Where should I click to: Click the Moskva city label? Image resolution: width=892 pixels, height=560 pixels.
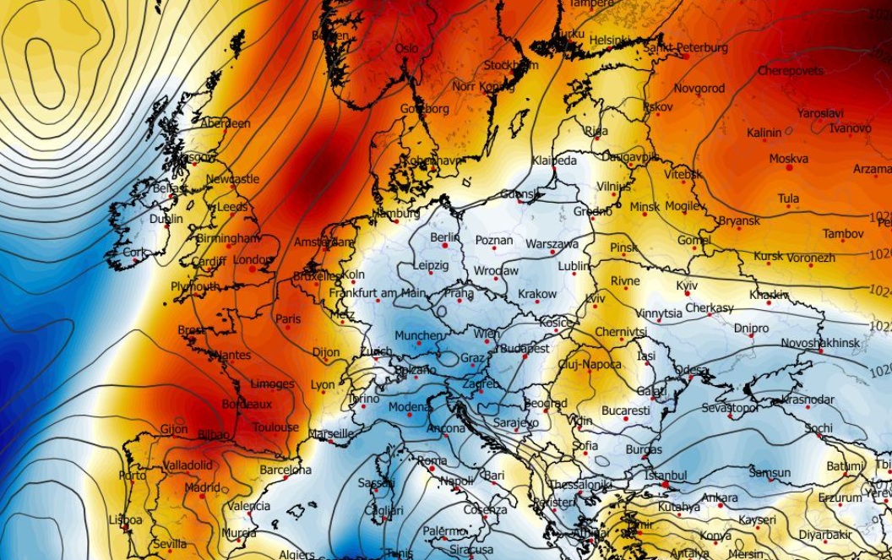(788, 159)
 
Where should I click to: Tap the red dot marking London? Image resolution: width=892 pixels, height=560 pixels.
(252, 269)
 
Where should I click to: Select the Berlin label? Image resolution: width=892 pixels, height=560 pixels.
(445, 237)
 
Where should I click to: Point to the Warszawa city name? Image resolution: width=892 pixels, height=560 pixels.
(552, 244)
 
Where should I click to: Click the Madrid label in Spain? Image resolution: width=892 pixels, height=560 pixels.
(202, 487)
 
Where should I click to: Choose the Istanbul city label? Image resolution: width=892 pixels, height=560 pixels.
(666, 476)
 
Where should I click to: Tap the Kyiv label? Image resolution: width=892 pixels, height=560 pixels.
(687, 286)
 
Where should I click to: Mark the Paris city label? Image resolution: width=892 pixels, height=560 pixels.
(288, 319)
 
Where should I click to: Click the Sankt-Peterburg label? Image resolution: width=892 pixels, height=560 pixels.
(685, 48)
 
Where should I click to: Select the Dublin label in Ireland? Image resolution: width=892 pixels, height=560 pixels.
(166, 219)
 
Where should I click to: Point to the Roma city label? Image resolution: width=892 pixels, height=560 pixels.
(432, 460)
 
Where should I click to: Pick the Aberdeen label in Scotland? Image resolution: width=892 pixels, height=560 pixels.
(225, 123)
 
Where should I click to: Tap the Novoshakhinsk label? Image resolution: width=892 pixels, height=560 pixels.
(820, 343)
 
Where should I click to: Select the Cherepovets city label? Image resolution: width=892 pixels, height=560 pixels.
(790, 71)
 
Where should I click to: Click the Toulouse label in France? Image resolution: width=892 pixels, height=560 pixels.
(275, 427)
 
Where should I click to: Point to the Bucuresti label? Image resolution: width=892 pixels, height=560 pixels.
(626, 410)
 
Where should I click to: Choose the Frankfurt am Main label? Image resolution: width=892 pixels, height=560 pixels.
(377, 293)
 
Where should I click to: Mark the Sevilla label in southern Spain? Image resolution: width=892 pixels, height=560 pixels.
(170, 544)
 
